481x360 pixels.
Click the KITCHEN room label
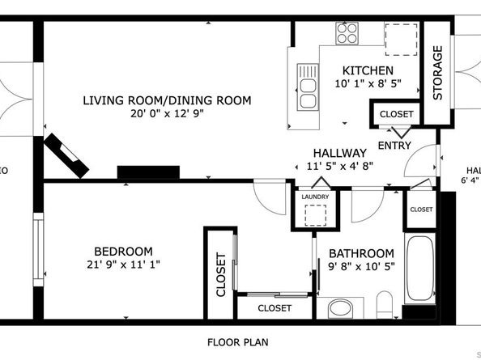[368, 71]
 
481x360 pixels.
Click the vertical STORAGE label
[438, 72]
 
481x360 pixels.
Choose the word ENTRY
[394, 146]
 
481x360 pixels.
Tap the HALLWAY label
[340, 153]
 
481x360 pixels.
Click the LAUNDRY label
[313, 197]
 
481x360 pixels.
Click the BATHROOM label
[361, 253]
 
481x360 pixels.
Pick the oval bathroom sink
[340, 308]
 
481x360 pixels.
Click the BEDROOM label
[122, 252]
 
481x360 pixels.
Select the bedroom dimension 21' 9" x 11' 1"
[122, 265]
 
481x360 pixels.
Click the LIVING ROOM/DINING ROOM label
[167, 101]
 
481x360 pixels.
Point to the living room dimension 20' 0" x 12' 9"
[167, 114]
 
